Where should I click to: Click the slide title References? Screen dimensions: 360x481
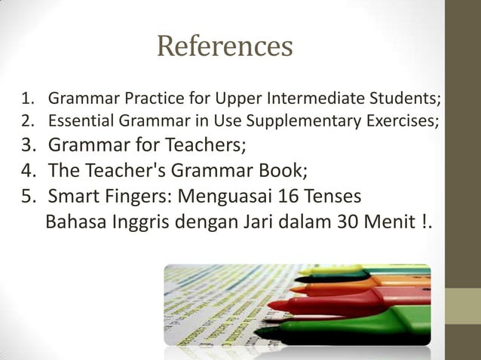pyautogui.click(x=224, y=47)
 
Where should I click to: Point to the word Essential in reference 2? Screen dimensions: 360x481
pyautogui.click(x=77, y=120)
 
